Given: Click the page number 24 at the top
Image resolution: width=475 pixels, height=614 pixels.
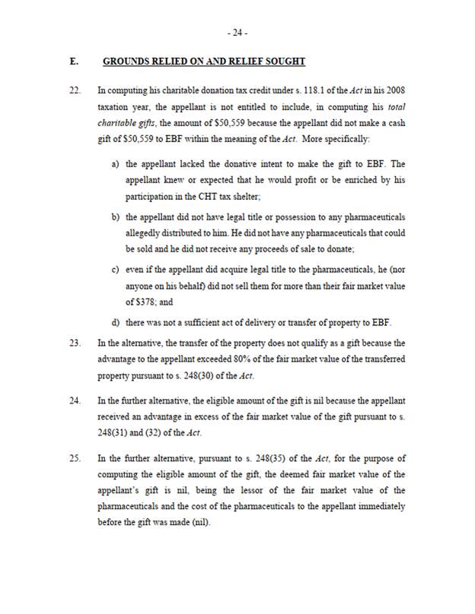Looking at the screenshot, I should click(237, 33).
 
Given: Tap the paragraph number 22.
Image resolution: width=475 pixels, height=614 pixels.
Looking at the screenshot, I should click(74, 92).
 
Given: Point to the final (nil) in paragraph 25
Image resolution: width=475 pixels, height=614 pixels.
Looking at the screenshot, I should click(199, 523).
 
